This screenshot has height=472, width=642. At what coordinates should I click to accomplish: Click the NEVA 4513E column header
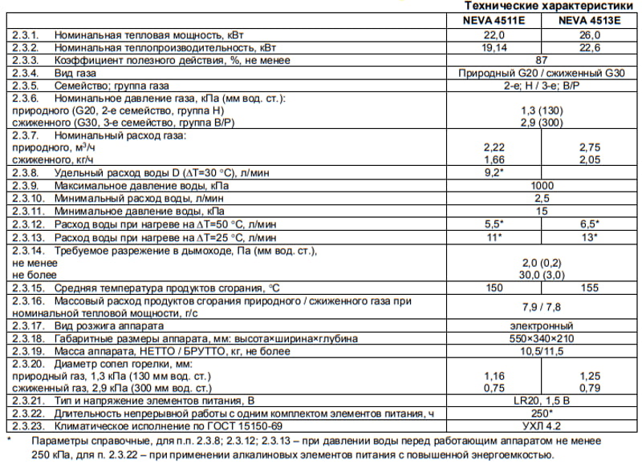589,22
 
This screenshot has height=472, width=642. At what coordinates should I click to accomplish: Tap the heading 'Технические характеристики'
553,6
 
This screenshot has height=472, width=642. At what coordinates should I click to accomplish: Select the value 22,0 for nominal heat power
493,35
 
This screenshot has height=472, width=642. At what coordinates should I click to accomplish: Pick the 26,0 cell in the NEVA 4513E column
590,35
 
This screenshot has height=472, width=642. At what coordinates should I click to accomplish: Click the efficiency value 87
542,60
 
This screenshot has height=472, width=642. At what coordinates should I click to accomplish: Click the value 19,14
493,47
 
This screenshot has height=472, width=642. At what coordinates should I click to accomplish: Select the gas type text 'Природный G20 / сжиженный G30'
542,73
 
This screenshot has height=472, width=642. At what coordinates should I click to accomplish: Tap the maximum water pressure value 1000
542,186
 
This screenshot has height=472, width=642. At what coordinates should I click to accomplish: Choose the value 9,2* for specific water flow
493,173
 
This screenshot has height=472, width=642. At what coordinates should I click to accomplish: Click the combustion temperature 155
590,287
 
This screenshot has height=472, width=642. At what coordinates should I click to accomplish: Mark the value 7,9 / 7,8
542,306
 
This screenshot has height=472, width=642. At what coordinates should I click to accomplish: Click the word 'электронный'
542,326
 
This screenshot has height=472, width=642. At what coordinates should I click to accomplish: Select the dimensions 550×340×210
542,339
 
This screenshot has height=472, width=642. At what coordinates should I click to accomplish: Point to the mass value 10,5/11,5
542,351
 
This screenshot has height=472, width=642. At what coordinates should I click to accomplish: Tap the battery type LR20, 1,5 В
542,401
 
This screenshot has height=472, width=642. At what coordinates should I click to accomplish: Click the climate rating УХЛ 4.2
542,426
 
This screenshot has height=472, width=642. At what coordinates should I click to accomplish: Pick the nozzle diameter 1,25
590,376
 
